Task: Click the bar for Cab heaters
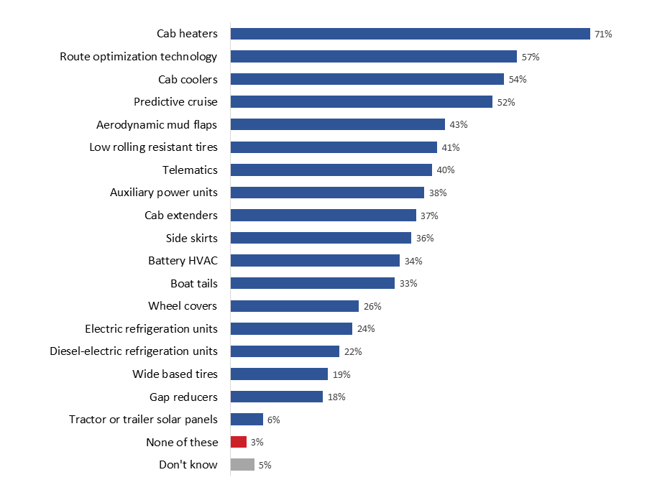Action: click(x=410, y=34)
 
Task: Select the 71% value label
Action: click(x=603, y=34)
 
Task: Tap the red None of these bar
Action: click(x=238, y=442)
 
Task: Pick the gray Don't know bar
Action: click(x=242, y=465)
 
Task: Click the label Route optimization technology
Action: click(x=139, y=56)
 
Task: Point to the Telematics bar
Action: click(x=331, y=170)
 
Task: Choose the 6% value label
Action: click(x=273, y=420)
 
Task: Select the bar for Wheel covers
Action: click(x=294, y=306)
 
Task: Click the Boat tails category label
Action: click(x=193, y=283)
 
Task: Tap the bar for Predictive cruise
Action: click(x=361, y=101)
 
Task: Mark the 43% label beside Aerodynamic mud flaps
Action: click(x=458, y=124)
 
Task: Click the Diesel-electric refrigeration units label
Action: click(x=134, y=351)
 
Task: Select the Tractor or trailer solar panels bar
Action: click(x=247, y=420)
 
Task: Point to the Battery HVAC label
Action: click(x=183, y=260)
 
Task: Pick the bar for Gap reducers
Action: click(x=276, y=397)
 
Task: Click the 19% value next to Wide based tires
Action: click(x=341, y=374)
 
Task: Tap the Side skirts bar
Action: click(x=321, y=238)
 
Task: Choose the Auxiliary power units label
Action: click(x=163, y=193)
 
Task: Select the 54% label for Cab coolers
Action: click(x=517, y=79)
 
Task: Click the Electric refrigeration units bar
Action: click(x=291, y=328)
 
